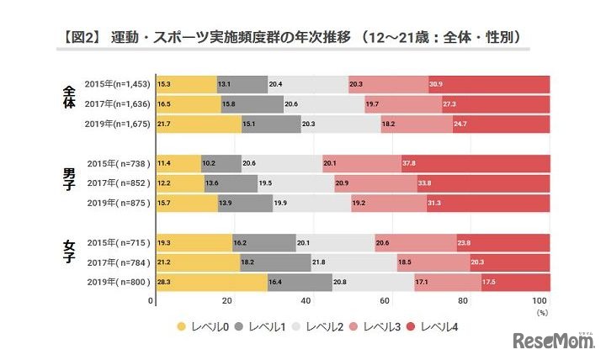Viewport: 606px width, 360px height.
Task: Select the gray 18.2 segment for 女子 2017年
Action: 274,262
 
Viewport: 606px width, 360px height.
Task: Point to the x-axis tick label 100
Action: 540,300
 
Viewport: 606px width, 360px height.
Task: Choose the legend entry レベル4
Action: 437,326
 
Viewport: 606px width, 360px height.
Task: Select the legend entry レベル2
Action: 321,326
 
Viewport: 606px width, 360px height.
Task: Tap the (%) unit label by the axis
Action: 541,312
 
